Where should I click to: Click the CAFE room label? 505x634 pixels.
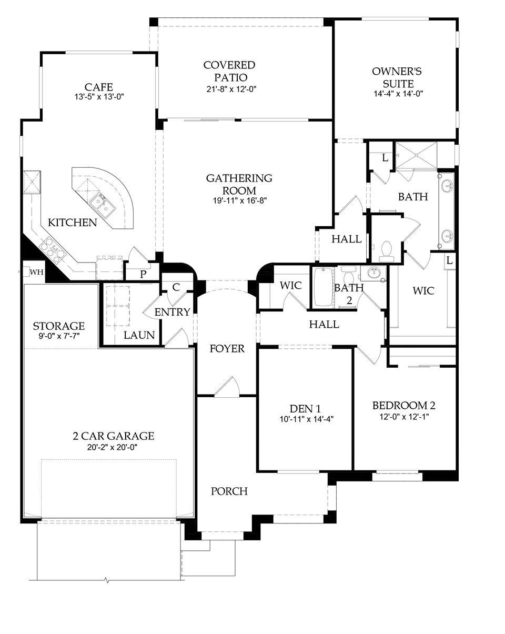click(99, 87)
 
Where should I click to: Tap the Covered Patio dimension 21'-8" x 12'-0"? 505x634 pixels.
click(229, 89)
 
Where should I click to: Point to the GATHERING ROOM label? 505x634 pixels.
click(239, 184)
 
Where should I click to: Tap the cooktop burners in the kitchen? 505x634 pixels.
click(51, 247)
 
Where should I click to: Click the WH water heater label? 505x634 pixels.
click(36, 272)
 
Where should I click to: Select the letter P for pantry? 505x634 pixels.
click(143, 274)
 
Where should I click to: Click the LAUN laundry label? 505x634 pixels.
click(139, 335)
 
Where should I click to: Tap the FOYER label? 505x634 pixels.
click(227, 348)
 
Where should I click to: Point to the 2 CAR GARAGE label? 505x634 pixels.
click(114, 436)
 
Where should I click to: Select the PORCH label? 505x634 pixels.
click(229, 491)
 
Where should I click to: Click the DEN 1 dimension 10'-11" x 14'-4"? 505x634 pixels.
click(305, 419)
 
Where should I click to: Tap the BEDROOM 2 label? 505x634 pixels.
click(404, 406)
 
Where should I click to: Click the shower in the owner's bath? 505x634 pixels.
click(416, 155)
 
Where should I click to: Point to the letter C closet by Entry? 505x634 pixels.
click(176, 287)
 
